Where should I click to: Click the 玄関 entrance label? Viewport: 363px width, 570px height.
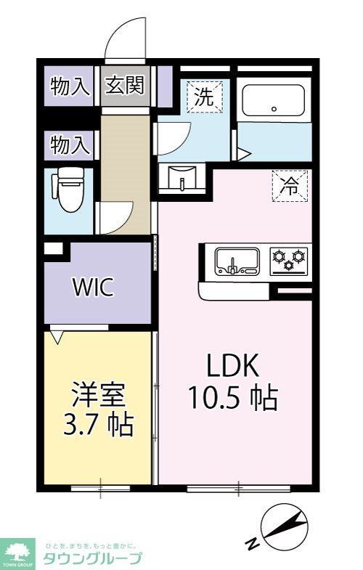tap(126, 86)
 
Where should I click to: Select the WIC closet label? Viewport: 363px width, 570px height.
tap(92, 288)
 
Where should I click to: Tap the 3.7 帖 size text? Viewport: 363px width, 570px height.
tap(99, 423)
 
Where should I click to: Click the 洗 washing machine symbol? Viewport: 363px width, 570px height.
tap(205, 96)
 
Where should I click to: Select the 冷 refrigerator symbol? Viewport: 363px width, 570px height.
tap(290, 186)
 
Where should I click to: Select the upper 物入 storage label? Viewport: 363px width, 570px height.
tap(70, 86)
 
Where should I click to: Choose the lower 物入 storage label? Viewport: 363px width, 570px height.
tap(70, 146)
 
